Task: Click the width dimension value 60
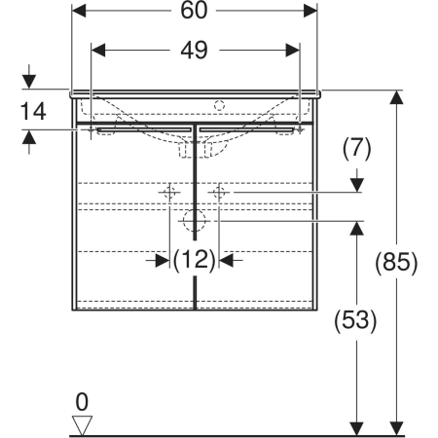tap(194, 11)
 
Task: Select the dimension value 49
tap(194, 51)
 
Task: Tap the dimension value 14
tap(33, 111)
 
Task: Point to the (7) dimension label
tap(356, 149)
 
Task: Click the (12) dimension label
tap(194, 260)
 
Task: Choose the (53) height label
tap(355, 320)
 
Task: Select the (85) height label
tap(396, 262)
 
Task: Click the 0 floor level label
tap(82, 402)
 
